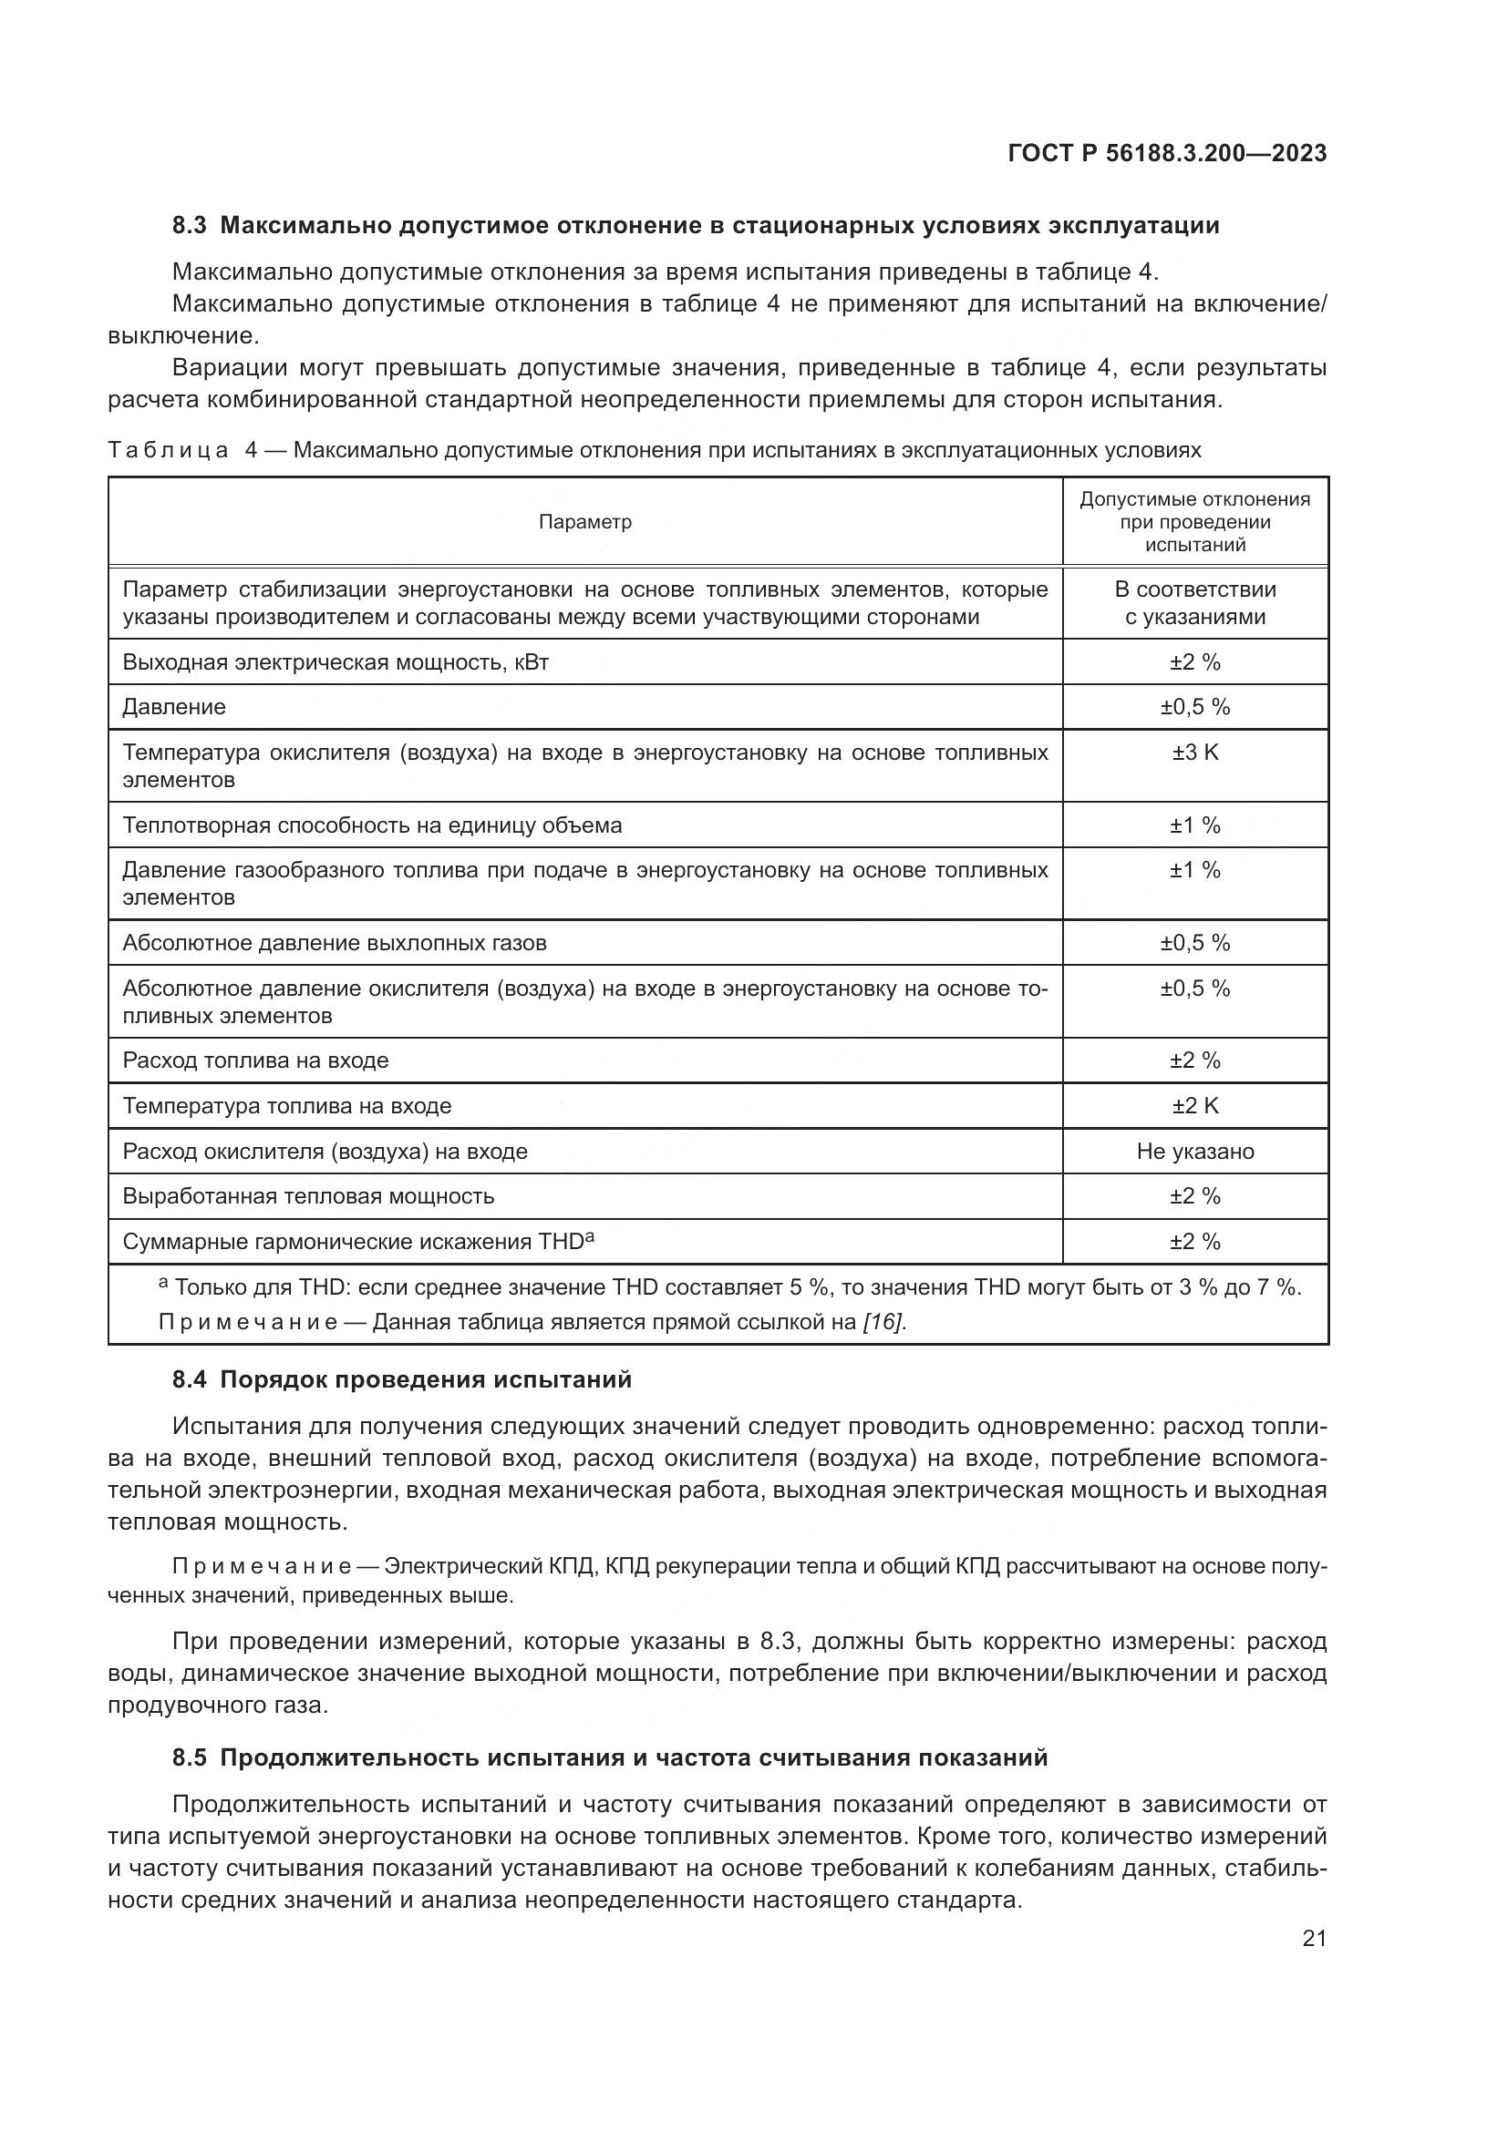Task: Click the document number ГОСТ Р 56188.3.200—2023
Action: (x=1166, y=153)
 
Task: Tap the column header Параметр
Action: (x=585, y=522)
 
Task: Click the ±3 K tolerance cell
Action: (x=1194, y=753)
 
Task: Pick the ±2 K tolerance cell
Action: (x=1194, y=1105)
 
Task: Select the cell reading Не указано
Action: (x=1194, y=1151)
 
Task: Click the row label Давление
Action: (x=174, y=707)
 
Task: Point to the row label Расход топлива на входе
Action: (x=255, y=1060)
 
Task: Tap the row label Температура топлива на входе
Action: (x=287, y=1105)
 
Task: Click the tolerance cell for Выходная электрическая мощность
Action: (x=1194, y=661)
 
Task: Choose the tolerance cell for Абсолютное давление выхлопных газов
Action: (x=1194, y=943)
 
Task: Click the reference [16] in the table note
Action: (x=883, y=1322)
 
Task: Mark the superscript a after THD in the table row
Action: (x=590, y=1235)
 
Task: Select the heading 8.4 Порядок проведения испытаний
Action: (x=401, y=1379)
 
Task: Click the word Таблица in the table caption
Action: (x=168, y=451)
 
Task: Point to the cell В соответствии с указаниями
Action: (x=1194, y=603)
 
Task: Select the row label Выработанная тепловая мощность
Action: (x=308, y=1195)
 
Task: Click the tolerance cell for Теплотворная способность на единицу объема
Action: (x=1194, y=825)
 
